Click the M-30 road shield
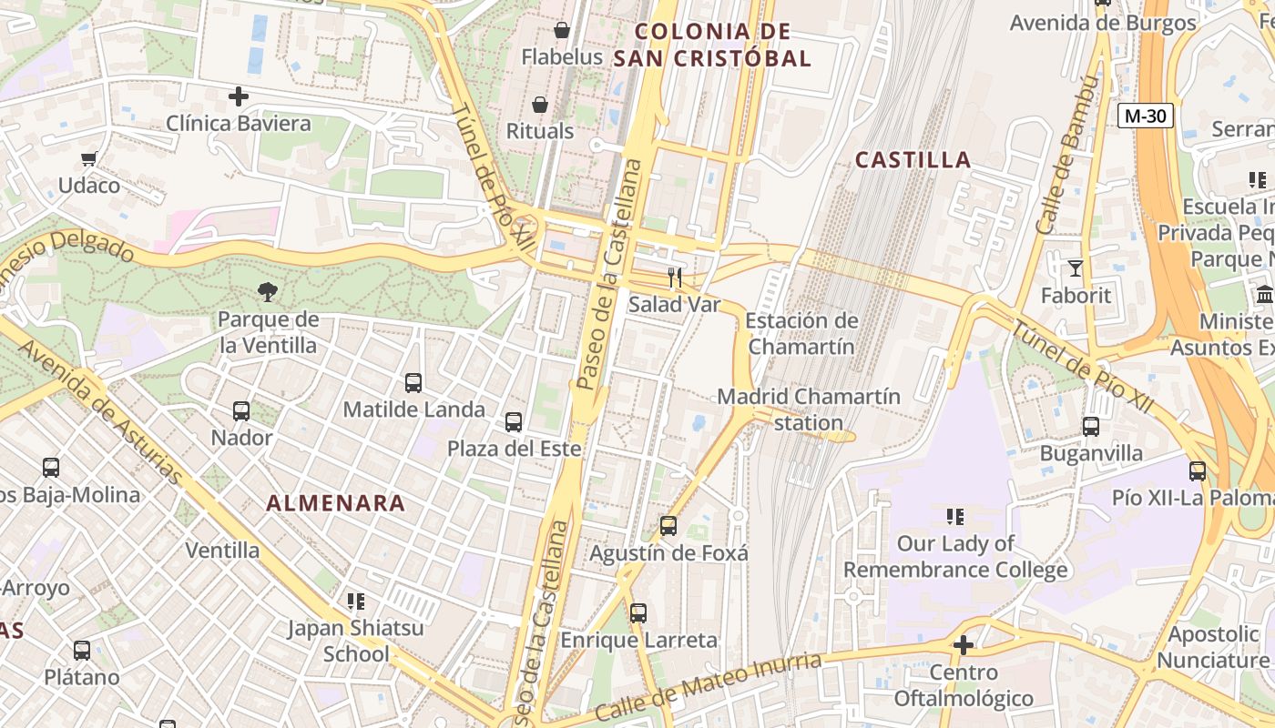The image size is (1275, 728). [x=1146, y=116]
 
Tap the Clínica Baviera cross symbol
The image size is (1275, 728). [x=239, y=96]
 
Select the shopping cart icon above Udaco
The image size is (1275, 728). [x=88, y=159]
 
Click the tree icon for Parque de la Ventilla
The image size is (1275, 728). [x=268, y=292]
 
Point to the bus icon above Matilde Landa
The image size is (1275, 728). [x=413, y=383]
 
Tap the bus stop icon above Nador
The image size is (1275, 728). [x=241, y=411]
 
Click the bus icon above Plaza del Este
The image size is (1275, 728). [x=514, y=422]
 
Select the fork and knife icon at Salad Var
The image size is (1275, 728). [x=675, y=278]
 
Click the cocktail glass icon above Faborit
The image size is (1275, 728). [x=1076, y=268]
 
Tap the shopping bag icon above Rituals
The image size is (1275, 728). [x=540, y=105]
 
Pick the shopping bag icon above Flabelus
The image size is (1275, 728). [x=562, y=30]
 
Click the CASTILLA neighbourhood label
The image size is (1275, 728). [x=913, y=160]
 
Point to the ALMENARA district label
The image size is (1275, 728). [x=336, y=503]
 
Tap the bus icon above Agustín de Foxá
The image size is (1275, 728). [x=668, y=526]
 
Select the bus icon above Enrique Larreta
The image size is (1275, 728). [x=638, y=613]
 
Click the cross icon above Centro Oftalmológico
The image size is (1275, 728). [x=964, y=645]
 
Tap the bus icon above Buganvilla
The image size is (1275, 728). [x=1091, y=426]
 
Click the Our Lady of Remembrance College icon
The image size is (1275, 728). [x=955, y=517]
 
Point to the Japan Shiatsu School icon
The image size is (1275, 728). [x=356, y=601]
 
